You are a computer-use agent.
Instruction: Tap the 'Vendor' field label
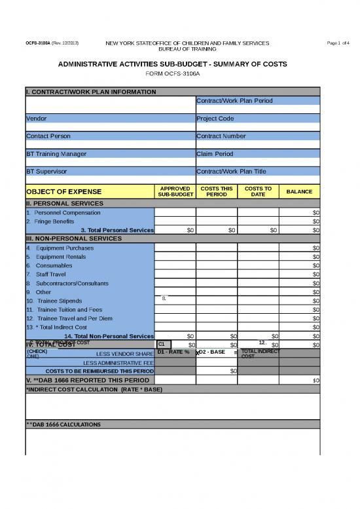point(36,119)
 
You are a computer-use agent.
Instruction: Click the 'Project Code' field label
point(215,119)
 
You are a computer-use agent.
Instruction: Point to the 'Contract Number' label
point(221,136)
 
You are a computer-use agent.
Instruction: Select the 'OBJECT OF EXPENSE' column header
point(63,191)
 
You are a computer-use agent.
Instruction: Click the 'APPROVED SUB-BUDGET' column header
point(175,191)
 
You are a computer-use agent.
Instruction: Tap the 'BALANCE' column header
point(300,191)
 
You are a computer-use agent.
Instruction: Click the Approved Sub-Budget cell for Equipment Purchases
point(175,248)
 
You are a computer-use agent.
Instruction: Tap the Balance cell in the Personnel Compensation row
point(300,212)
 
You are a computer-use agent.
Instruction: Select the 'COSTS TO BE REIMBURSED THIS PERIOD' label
point(99,371)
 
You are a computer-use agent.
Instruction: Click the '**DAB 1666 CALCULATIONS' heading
point(63,424)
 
